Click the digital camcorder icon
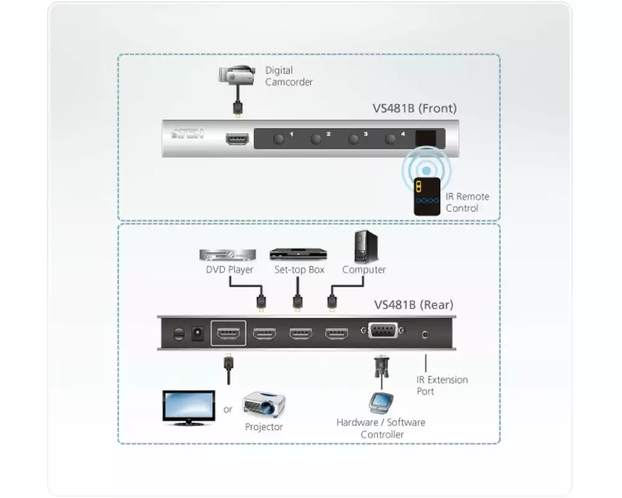click(238, 74)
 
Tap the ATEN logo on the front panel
click(187, 134)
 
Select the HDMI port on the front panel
click(237, 139)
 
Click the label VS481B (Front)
click(414, 108)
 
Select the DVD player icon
click(228, 255)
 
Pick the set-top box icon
click(298, 254)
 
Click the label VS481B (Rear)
click(414, 305)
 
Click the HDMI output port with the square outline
click(229, 334)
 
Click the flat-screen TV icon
click(188, 407)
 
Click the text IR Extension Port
click(442, 385)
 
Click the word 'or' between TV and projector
click(228, 410)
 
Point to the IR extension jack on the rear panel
click(425, 334)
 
